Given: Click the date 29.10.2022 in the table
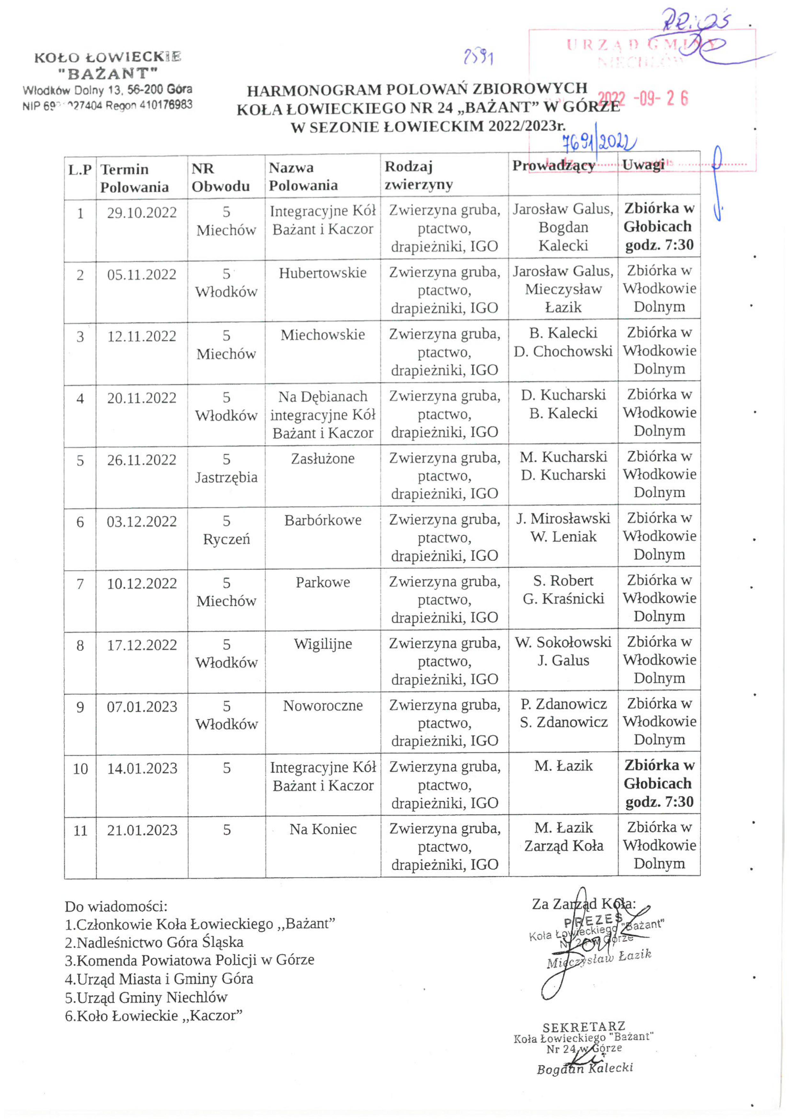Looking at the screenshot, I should click(x=141, y=213).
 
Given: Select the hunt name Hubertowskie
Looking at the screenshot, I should click(x=322, y=273).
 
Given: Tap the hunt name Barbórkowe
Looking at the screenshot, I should click(x=322, y=520).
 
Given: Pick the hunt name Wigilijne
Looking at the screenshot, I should click(x=322, y=644).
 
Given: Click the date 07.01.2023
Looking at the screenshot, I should click(x=141, y=707).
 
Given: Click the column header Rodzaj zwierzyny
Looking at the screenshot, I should click(x=418, y=176).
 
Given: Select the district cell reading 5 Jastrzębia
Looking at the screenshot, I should click(x=226, y=468).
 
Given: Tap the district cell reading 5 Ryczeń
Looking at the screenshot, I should click(x=226, y=530).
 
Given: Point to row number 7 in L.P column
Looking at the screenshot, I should click(x=80, y=584).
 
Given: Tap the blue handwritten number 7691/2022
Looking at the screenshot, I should click(x=599, y=143).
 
